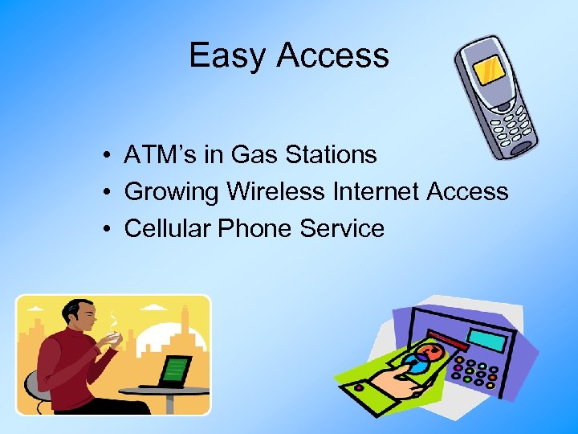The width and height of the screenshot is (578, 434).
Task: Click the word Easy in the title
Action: pyautogui.click(x=228, y=55)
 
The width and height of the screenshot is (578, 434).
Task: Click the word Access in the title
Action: pyautogui.click(x=333, y=55)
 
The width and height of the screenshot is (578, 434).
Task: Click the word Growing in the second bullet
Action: pyautogui.click(x=172, y=191)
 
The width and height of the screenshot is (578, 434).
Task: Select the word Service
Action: pyautogui.click(x=343, y=228)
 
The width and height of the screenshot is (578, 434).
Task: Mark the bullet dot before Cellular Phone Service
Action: pyautogui.click(x=106, y=229)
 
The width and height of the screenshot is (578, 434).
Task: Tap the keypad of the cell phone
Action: pyautogui.click(x=511, y=127)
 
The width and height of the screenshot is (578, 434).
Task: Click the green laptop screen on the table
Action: pyautogui.click(x=175, y=371)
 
